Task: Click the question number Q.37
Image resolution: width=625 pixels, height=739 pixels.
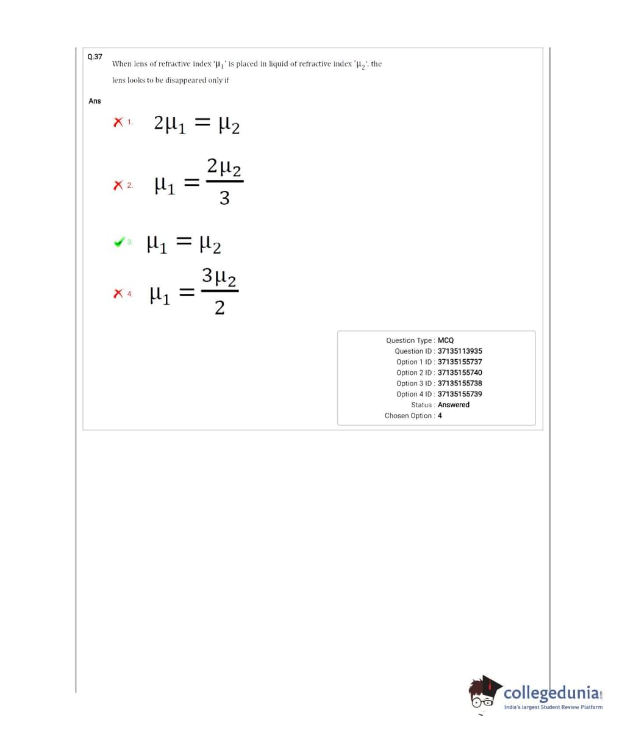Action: (95, 57)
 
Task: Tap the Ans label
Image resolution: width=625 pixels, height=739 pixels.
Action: (95, 101)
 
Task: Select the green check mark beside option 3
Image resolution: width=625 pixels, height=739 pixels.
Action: (120, 242)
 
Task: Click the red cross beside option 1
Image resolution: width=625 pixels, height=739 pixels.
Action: (118, 123)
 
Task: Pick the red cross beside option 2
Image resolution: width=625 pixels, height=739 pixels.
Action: (118, 185)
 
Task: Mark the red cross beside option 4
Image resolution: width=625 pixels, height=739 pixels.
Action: (118, 294)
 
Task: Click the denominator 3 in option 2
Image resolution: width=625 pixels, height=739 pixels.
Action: (224, 198)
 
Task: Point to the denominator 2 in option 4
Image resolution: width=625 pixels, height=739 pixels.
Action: (220, 308)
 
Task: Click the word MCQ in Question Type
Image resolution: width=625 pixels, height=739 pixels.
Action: (446, 340)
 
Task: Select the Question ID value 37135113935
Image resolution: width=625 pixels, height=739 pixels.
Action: (460, 351)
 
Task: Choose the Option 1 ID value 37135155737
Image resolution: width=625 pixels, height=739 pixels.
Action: (460, 362)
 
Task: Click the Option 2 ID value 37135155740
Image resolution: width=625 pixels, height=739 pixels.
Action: (460, 373)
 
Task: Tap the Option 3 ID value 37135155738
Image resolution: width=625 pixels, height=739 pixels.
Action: (460, 384)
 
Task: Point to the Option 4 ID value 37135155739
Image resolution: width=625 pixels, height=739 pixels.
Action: (460, 394)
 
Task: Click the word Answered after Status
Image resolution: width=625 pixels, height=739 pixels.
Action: (454, 405)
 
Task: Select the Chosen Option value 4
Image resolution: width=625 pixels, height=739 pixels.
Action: (440, 416)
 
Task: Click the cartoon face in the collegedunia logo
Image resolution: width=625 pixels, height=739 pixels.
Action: (485, 694)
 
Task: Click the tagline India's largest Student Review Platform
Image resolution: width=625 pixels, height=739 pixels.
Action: (553, 707)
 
